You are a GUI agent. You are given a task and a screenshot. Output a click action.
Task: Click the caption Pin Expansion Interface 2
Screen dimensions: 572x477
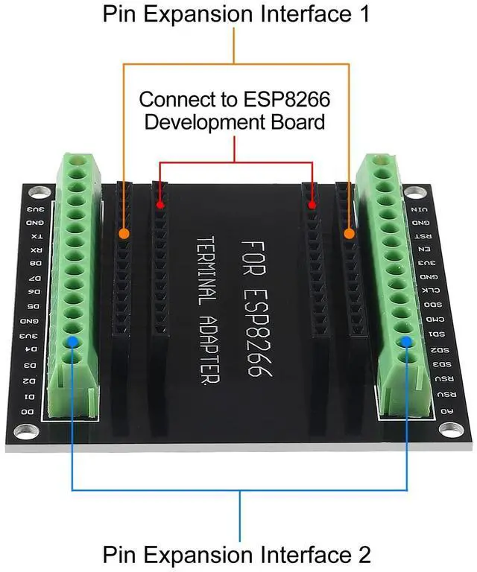click(x=236, y=555)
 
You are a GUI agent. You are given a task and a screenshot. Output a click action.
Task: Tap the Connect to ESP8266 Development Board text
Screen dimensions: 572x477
click(x=235, y=110)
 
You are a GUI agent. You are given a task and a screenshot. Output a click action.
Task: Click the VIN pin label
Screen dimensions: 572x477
click(x=422, y=210)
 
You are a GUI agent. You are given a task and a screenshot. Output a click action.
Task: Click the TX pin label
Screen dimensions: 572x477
click(x=36, y=237)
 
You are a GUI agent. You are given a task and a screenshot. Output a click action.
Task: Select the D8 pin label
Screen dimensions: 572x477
click(x=35, y=264)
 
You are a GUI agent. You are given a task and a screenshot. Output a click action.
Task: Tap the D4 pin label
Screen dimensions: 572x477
click(x=31, y=349)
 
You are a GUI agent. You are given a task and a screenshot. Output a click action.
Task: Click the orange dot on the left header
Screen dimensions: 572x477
click(x=124, y=234)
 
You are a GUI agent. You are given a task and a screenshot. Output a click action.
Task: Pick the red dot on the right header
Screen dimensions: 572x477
click(x=312, y=204)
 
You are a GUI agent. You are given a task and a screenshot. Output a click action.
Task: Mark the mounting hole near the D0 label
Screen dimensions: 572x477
click(x=26, y=430)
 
